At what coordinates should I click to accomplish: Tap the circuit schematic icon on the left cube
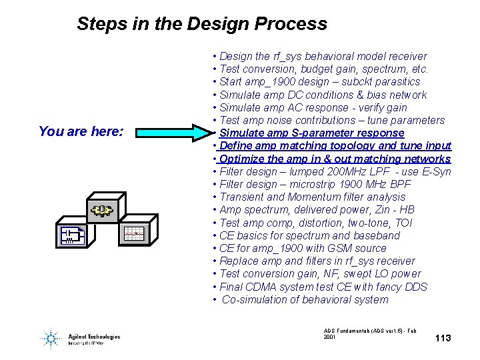click(x=71, y=234)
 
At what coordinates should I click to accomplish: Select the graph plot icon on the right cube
click(x=133, y=234)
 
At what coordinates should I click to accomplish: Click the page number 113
click(x=443, y=338)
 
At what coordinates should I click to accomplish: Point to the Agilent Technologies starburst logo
click(x=50, y=338)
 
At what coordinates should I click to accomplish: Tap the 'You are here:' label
click(x=81, y=131)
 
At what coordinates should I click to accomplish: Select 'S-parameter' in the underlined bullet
click(x=303, y=133)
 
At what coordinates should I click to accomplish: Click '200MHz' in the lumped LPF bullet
click(x=351, y=171)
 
